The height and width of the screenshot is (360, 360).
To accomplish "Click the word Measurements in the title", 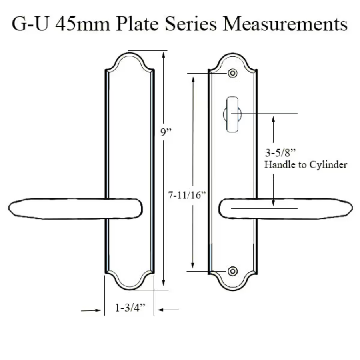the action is coord(285,24).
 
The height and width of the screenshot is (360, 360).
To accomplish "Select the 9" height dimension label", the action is coord(166,132).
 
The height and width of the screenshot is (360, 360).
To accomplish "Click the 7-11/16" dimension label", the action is coord(187,195).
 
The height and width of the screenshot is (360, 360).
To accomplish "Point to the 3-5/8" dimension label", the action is coord(280,152).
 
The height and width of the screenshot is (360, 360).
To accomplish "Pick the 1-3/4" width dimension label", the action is coord(130,308).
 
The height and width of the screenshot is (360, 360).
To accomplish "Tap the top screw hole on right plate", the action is coord(232,73).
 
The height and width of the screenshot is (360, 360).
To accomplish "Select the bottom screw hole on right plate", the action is coord(232,271).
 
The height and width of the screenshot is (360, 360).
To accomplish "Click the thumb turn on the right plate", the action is coord(232,114).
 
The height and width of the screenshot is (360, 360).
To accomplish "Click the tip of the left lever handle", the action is coord(9,208).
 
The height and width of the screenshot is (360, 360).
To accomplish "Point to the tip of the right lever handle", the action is coord(352,208).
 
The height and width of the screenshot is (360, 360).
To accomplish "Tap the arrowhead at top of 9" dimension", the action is coord(164,55).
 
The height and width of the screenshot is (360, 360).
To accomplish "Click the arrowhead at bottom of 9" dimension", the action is coord(164,283).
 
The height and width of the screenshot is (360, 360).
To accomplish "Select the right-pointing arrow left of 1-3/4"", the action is coord(91,310).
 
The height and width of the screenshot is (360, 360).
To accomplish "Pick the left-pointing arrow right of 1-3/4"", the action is coord(168,310).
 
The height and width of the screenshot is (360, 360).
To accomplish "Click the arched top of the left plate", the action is coord(130,54).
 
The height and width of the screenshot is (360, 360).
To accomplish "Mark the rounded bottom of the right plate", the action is coord(233,290).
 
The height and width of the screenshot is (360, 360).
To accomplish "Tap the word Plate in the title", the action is coord(137,24).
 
